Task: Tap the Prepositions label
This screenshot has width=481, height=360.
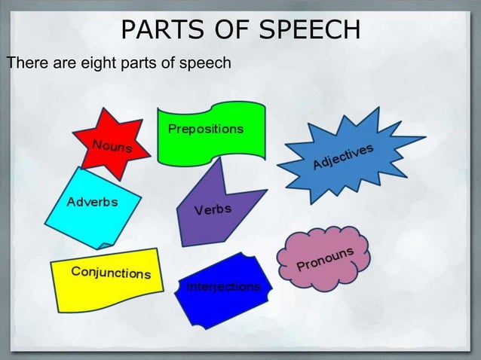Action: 206,129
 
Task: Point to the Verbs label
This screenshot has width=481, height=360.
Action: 213,209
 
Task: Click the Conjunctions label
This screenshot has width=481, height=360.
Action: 111,272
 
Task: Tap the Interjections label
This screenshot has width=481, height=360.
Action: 223,287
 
